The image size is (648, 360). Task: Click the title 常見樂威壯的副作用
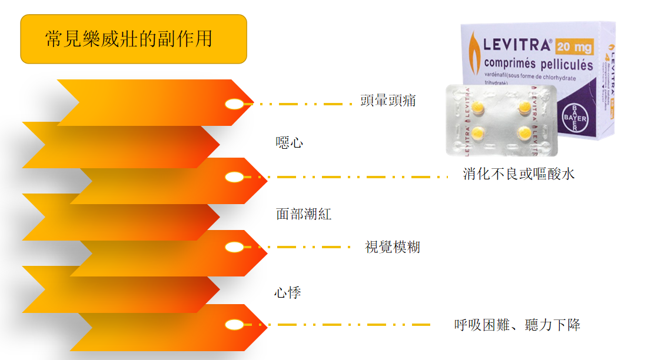pos(128,39)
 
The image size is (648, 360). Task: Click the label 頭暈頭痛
pos(388,101)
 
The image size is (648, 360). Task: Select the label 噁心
pos(290,142)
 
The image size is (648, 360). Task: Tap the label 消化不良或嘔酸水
pos(519,174)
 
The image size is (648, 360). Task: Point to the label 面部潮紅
pos(304,214)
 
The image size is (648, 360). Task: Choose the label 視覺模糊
pos(393,248)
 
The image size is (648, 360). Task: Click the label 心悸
pos(288,292)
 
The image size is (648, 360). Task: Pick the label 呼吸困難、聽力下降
pos(517,325)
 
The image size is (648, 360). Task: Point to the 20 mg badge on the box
pos(574,46)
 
